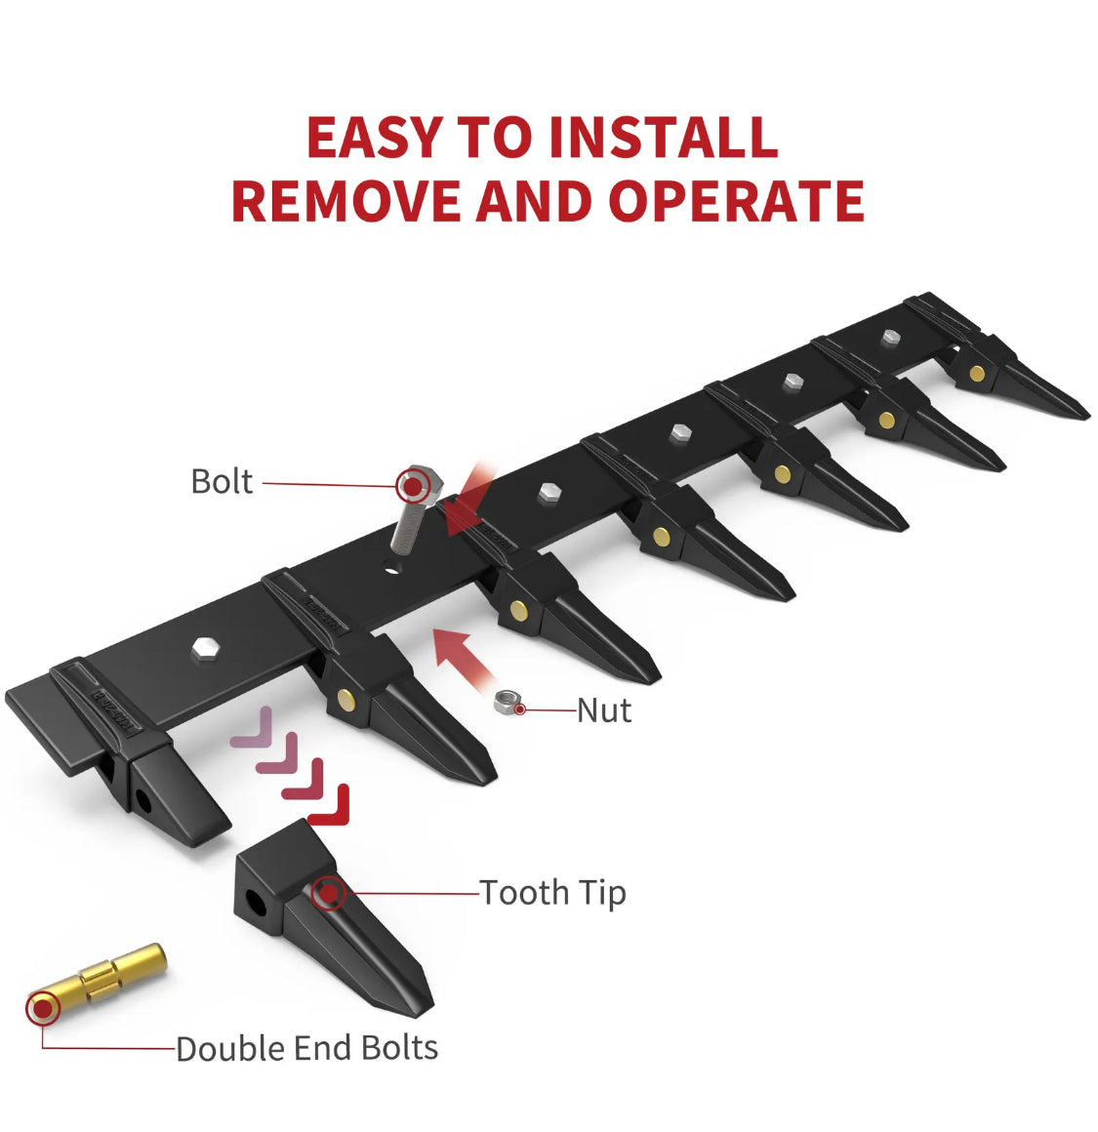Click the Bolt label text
[x=222, y=481]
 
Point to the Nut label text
[x=604, y=710]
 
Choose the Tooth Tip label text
[x=553, y=893]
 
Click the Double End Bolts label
[x=306, y=1048]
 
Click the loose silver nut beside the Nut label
[x=508, y=702]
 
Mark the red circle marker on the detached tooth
[x=329, y=894]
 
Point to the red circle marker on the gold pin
[x=43, y=1008]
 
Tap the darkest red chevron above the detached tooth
[x=329, y=806]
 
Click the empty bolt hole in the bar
[x=392, y=570]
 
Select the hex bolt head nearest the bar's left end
[x=207, y=648]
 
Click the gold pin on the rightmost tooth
[x=977, y=373]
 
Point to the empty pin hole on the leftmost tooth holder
[x=142, y=800]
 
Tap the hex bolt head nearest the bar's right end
[x=891, y=337]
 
